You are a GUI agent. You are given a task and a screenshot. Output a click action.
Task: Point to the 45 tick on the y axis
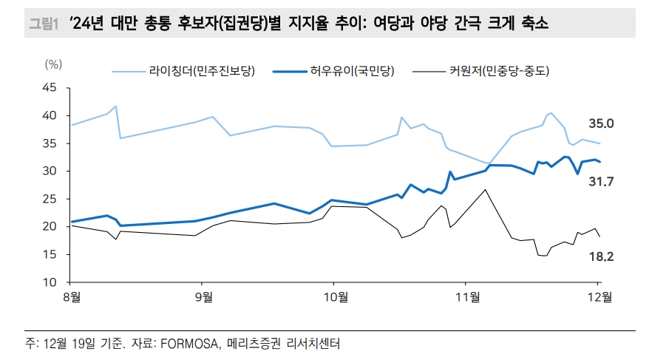coord(50,88)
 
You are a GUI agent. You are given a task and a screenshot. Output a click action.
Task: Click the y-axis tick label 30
coord(50,171)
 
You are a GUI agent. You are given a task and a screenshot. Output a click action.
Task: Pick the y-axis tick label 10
coord(50,283)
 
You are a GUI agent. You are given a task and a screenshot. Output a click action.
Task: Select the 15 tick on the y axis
coord(50,255)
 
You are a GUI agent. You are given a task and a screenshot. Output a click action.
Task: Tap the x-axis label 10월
coord(333,298)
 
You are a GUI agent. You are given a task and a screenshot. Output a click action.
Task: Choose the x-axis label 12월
coord(599,298)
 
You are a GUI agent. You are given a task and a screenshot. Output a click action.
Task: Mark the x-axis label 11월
coord(466,298)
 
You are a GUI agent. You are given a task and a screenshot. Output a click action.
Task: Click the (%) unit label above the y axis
coord(53,64)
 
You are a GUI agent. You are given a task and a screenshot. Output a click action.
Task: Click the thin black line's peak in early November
coord(485,189)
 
